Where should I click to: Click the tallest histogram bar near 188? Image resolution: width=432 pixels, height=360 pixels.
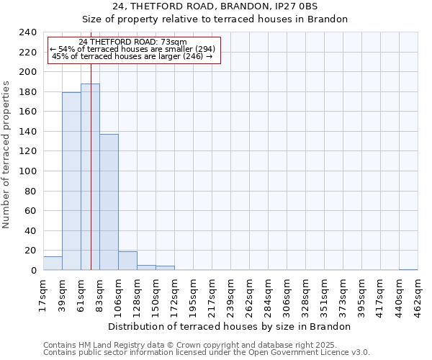tap(90, 177)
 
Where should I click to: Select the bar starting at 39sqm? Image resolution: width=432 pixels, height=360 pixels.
tap(71, 181)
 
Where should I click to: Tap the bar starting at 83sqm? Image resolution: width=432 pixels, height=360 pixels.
tap(109, 202)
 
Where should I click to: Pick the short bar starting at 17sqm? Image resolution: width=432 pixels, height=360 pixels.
tap(53, 264)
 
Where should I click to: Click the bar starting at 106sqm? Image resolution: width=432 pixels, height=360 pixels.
tap(127, 261)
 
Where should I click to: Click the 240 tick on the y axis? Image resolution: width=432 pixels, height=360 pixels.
tap(28, 32)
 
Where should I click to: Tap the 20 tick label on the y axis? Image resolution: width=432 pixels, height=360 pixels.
tap(31, 251)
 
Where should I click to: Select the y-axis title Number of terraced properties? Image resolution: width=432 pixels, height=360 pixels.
tap(7, 154)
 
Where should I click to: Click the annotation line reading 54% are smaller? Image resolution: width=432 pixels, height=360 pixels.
tap(132, 49)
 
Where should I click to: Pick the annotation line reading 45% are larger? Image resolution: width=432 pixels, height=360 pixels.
tap(132, 56)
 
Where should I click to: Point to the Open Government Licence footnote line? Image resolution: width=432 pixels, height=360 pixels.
tap(207, 353)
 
